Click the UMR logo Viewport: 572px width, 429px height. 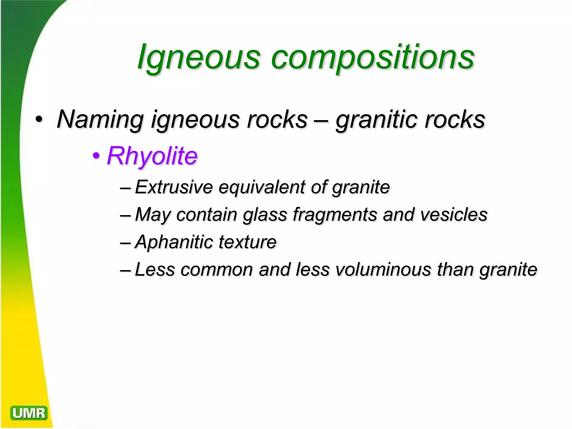(29, 413)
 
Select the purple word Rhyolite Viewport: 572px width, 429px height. (152, 156)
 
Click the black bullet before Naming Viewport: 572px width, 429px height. (39, 120)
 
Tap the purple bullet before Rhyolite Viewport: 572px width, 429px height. (96, 156)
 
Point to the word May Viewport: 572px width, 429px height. (152, 215)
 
